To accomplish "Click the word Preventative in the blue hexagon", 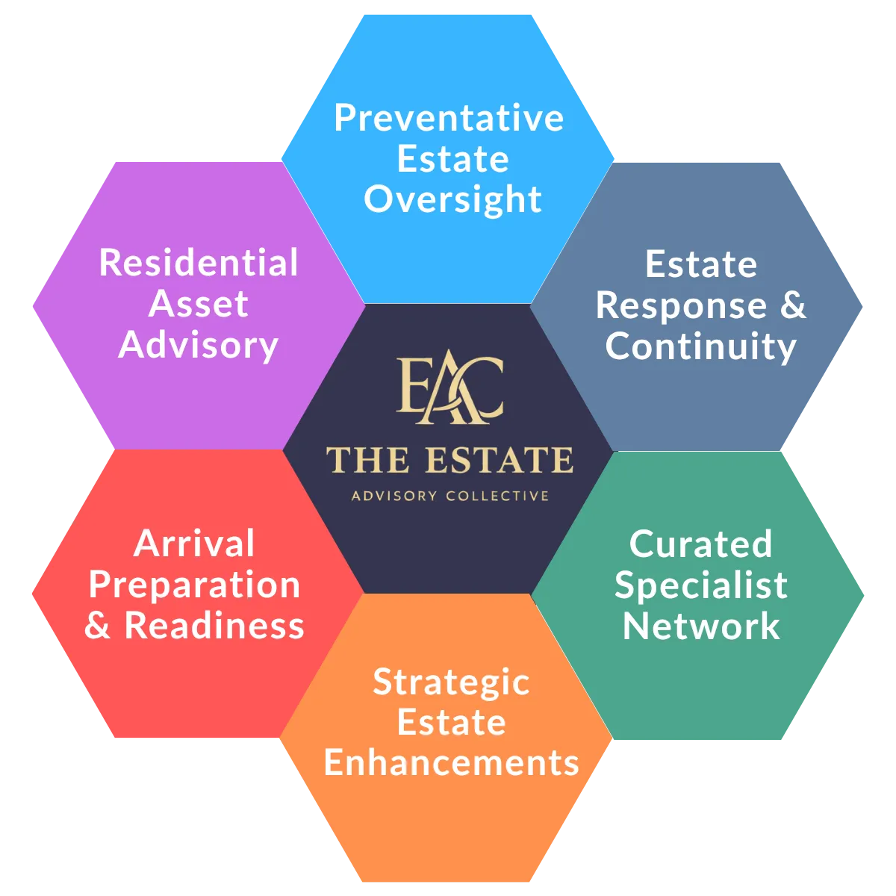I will pos(449,119).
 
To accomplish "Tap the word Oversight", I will pos(452,199).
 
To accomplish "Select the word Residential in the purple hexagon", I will pos(199,264).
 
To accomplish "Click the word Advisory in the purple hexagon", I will pos(199,345).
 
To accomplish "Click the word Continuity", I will pos(700,346).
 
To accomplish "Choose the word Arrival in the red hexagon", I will pos(194,544).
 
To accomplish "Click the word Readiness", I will pos(214,626).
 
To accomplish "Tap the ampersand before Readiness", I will pos(98,626).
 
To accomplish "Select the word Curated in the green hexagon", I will pos(700,544).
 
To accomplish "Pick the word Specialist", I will pos(700,585).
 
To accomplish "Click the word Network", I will pos(700,626).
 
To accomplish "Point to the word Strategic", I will pos(451,682).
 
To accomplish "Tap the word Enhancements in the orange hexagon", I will pos(451,763).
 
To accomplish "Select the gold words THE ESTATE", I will pos(449,460).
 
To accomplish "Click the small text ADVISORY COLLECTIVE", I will pos(449,496).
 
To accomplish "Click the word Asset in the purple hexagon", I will pos(199,305).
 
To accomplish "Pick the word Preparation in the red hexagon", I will pos(194,585).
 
